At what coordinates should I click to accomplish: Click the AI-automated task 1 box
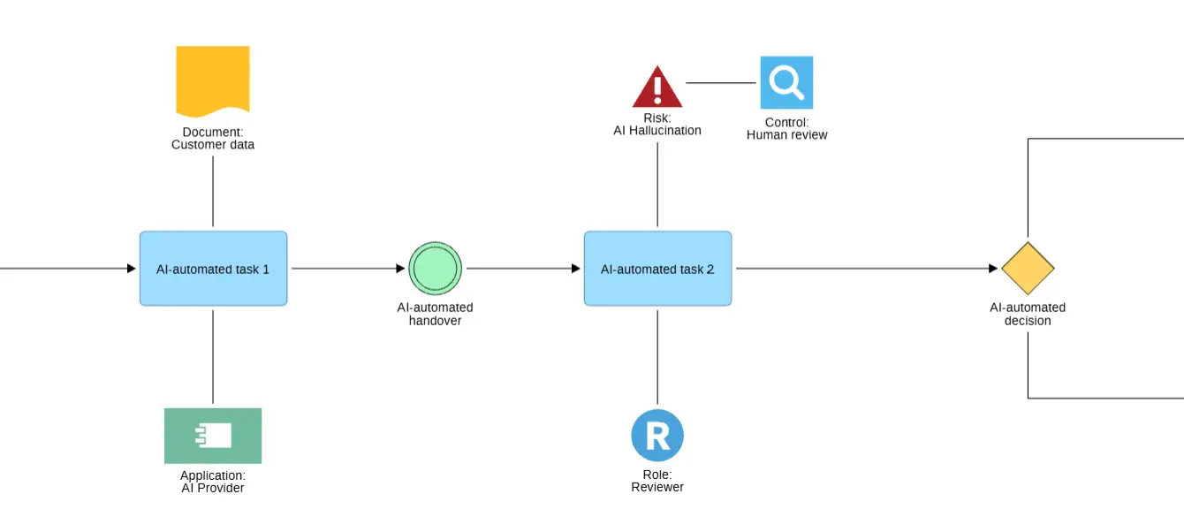[214, 268]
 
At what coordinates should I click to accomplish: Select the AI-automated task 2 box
[657, 268]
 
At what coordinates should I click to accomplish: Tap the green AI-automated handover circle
[435, 268]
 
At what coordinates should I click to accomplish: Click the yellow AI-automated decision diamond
[1028, 268]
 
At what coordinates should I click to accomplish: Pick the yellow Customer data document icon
[213, 80]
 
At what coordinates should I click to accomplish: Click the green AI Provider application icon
[213, 436]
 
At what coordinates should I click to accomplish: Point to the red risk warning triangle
[657, 87]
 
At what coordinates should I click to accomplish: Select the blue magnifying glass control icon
[786, 82]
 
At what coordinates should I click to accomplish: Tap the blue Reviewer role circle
[657, 435]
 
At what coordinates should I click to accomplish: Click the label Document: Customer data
[213, 139]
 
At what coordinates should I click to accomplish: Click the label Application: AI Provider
[213, 482]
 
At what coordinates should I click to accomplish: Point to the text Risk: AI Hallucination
[657, 125]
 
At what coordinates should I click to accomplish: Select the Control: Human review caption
[786, 128]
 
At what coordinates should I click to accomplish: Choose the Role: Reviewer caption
[657, 481]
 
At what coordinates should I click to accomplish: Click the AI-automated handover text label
[435, 314]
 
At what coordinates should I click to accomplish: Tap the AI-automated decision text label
[1028, 314]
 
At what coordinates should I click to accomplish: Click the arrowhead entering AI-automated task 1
[132, 268]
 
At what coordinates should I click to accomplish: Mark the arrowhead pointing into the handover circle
[400, 268]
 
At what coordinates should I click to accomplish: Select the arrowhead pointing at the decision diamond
[993, 268]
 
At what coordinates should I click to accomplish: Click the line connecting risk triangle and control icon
[721, 82]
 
